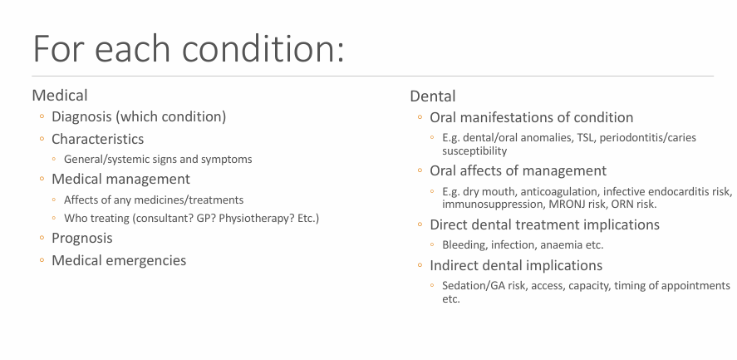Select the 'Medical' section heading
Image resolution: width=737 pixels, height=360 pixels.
[59, 96]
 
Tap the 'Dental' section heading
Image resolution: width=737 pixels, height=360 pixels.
[432, 96]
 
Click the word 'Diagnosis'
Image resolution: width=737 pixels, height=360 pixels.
[82, 117]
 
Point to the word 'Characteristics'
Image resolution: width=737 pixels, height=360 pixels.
[97, 139]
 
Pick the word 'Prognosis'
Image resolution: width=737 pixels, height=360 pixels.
[81, 239]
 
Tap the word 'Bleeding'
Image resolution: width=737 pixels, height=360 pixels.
[462, 244]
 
